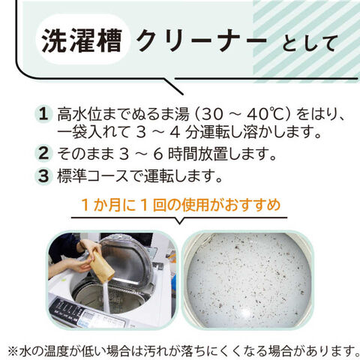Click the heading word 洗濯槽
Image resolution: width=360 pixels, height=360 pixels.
[82, 40]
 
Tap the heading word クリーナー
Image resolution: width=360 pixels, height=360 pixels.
[202, 40]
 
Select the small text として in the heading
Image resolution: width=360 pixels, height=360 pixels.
[308, 43]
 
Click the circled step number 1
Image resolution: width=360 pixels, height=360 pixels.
[43, 114]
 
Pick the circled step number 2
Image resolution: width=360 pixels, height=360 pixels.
[43, 153]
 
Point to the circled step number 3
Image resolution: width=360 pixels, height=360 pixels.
[43, 175]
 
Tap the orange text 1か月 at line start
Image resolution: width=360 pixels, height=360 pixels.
[104, 205]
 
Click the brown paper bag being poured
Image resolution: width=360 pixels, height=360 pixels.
[102, 267]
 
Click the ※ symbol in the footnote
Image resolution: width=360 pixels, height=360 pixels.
[13, 351]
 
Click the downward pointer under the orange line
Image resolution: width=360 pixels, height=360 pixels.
[179, 220]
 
